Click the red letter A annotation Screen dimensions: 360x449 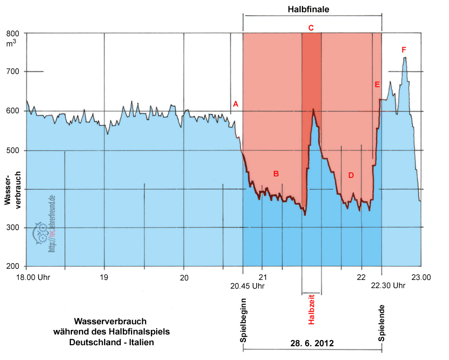coord(236,104)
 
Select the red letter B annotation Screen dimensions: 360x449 coord(276,174)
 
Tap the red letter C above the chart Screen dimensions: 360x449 coord(311,27)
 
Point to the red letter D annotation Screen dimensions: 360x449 coord(351,175)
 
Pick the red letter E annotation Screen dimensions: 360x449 coord(377,85)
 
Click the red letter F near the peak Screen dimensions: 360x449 coord(404,49)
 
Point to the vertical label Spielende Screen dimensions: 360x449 coord(382,322)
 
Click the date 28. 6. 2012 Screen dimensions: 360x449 coord(312,343)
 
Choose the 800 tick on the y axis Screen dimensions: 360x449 coord(12,33)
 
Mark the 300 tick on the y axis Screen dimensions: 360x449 coord(12,227)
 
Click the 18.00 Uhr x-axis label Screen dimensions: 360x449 coord(26,277)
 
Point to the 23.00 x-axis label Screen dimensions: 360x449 coord(421,277)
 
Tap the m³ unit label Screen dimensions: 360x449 coord(11,43)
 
